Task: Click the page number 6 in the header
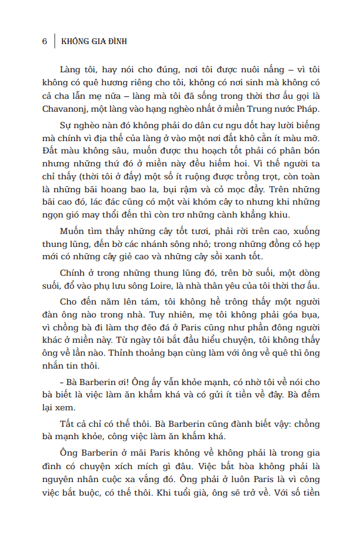(45, 42)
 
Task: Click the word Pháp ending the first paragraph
(305, 109)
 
